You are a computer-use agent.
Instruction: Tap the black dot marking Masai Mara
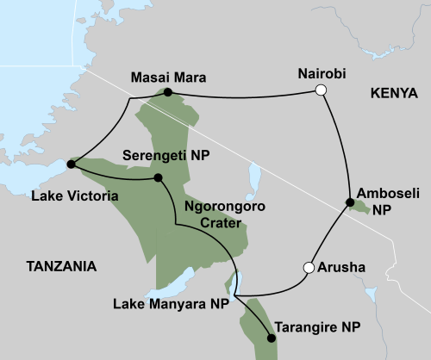(168, 92)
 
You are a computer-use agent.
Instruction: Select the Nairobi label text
(319, 73)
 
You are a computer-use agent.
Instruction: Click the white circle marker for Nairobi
(321, 90)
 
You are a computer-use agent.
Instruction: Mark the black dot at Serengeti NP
(158, 178)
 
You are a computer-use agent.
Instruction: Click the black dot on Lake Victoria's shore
(70, 163)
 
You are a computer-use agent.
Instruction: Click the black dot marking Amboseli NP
(350, 202)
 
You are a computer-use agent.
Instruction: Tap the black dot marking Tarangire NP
(272, 338)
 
